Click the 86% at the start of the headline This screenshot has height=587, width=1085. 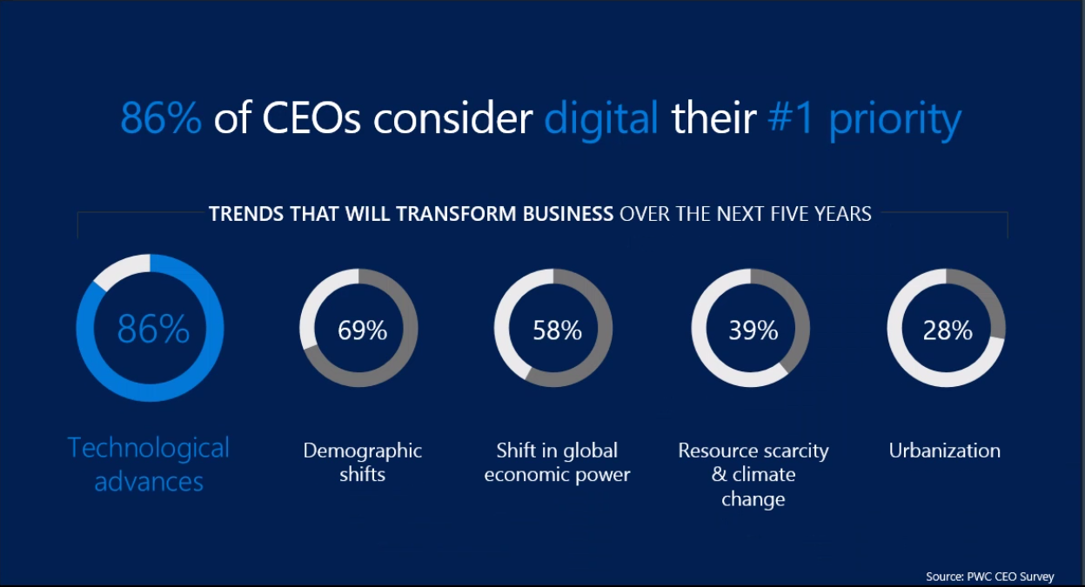coord(161,119)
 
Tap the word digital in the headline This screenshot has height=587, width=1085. coord(601,119)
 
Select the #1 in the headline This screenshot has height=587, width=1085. coord(791,119)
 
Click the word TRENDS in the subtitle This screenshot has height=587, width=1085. coord(243,213)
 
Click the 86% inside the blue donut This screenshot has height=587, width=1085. coord(153,330)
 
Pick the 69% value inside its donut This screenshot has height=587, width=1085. coord(362,330)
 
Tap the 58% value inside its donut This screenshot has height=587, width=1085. coord(557,330)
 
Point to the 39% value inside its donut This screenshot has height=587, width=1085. coord(753,330)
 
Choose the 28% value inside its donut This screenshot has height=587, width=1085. coord(948,330)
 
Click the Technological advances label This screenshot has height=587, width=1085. coord(149,464)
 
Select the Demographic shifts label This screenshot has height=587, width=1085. coord(362,462)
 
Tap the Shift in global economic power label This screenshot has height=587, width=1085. coord(557,462)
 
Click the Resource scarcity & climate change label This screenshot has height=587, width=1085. coord(753,474)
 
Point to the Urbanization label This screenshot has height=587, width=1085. coord(944,450)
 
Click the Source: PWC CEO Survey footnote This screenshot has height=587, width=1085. coord(989,576)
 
